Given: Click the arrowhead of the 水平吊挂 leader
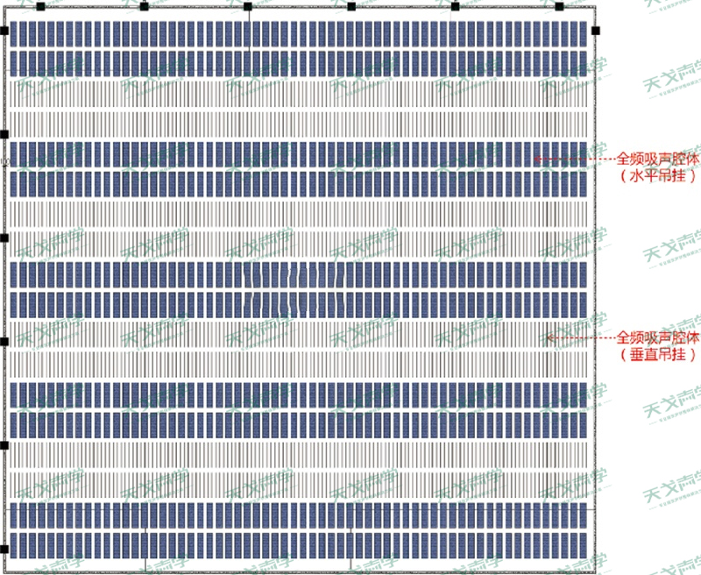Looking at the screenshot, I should (x=536, y=160).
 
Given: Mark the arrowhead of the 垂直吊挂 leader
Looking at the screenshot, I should (x=549, y=337).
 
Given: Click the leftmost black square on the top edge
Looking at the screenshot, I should (x=40, y=6).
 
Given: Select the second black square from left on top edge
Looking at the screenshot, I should (x=144, y=6).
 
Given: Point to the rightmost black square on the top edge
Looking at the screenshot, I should (x=559, y=6).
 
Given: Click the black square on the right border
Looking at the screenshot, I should (x=595, y=31).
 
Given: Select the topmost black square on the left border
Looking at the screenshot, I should (x=4, y=31).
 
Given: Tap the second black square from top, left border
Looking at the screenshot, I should (x=4, y=134).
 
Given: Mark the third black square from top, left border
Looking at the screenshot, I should (x=4, y=238).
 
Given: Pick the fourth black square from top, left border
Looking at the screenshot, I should (x=4, y=341).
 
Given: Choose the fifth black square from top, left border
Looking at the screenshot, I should (x=4, y=445).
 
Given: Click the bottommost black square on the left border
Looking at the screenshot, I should (x=4, y=549).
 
